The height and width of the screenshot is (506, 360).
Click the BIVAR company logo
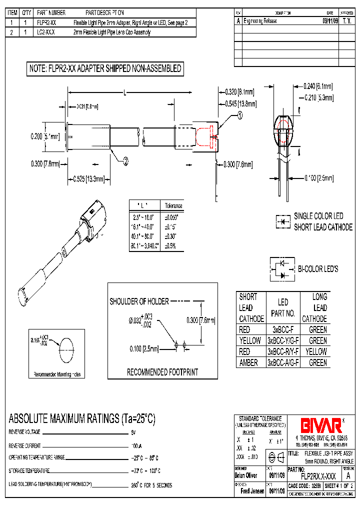tap(320, 425)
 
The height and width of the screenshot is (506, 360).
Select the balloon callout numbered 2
tap(125, 160)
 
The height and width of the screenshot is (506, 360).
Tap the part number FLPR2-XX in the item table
tap(46, 23)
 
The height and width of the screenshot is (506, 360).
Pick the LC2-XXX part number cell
tap(46, 32)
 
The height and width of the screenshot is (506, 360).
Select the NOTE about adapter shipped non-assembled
tap(105, 69)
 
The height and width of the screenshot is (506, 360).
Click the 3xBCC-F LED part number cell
tap(282, 330)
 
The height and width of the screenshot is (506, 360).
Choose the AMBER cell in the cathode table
tap(248, 363)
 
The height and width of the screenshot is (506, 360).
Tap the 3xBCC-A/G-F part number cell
tap(282, 363)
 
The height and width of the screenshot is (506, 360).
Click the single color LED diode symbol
tap(283, 221)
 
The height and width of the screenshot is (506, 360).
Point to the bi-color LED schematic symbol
tap(282, 269)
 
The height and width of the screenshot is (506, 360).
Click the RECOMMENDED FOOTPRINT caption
tap(162, 372)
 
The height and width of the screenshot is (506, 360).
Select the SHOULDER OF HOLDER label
tap(139, 301)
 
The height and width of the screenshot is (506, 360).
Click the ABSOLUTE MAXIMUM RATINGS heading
tap(82, 419)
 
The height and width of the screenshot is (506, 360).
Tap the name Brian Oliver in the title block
tap(245, 475)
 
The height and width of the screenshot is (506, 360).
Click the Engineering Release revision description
tap(262, 21)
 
